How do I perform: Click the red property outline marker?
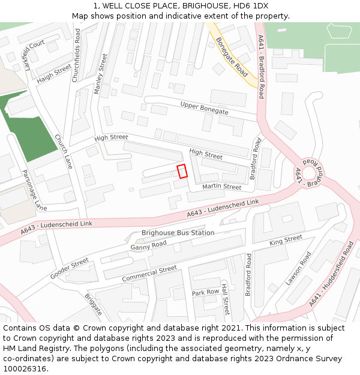click(182, 171)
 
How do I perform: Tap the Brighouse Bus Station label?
click(178, 233)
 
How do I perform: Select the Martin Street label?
click(221, 187)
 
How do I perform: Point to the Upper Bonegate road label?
click(205, 108)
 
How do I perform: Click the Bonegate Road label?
click(232, 57)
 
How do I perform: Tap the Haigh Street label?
click(53, 74)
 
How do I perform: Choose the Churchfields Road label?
click(77, 54)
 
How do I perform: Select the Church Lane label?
click(63, 151)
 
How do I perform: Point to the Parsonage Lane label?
click(34, 190)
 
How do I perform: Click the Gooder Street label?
click(69, 268)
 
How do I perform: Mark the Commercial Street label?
click(149, 274)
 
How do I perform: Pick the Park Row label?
click(205, 292)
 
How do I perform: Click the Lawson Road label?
click(298, 268)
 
